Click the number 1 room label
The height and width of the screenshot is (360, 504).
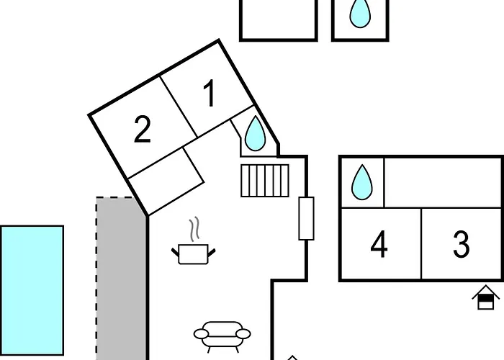pos(210,93)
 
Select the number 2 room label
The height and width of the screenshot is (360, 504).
pos(143,129)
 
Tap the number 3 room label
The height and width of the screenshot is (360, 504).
pos(462,244)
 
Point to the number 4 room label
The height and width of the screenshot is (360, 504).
pos(379,244)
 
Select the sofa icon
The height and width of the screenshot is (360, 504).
pos(222,336)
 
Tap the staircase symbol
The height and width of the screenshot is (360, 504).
pos(265,180)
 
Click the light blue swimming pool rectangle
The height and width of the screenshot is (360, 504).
pos(32,291)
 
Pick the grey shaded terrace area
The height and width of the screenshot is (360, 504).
pos(121,279)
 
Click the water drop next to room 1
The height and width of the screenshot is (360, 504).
pos(255,134)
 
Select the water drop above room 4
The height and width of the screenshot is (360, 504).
pos(362,182)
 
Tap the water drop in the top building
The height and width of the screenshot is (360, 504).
pos(360,13)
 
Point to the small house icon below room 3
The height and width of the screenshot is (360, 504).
pos(486,297)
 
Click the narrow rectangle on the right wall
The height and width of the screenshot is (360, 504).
pos(306,218)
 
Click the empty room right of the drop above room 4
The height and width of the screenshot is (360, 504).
pos(443,183)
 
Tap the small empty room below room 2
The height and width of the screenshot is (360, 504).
pos(166,181)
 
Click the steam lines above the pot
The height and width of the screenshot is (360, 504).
pos(194,229)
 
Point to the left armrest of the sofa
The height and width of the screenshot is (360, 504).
pos(201,334)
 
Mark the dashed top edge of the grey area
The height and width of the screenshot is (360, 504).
pos(114,197)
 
